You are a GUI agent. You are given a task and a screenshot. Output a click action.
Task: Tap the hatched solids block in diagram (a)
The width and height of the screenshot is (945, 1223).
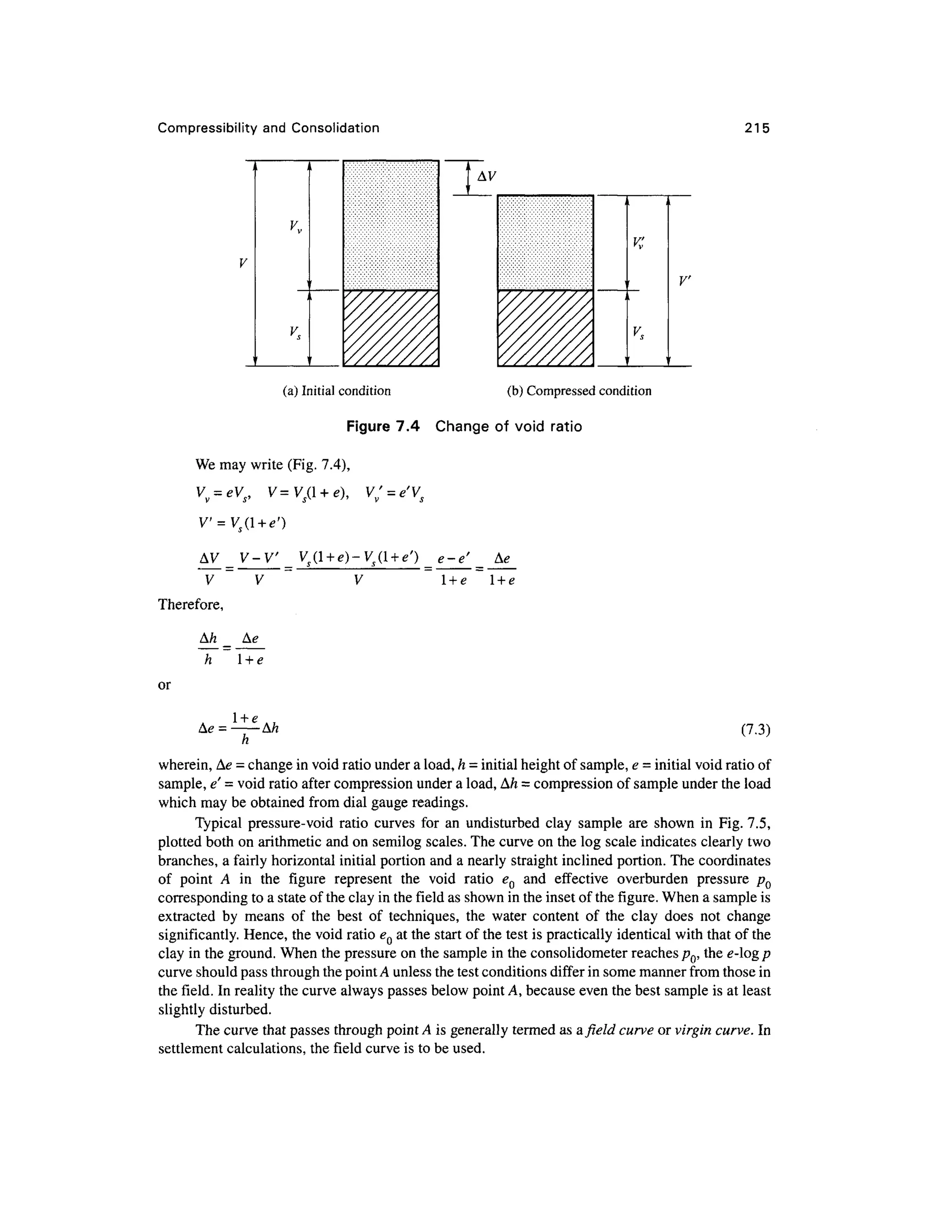391,328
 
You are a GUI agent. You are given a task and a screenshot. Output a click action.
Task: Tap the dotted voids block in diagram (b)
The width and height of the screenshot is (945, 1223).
545,242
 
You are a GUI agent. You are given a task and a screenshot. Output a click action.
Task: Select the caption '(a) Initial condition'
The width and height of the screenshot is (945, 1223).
336,391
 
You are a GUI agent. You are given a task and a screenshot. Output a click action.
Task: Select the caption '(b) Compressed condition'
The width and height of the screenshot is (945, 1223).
579,391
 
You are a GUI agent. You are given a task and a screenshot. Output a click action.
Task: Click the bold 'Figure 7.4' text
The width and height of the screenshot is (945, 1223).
383,427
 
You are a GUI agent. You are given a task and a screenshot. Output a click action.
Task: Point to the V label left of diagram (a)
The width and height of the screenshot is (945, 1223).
242,263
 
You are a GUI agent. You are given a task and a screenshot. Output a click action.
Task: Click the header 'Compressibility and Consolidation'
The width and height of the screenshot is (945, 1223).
268,128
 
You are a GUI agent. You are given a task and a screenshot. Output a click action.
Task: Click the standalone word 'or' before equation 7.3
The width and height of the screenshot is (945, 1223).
164,685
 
